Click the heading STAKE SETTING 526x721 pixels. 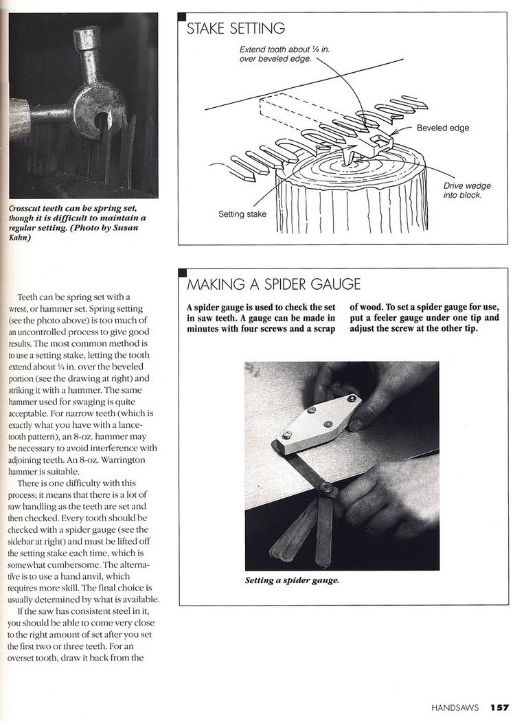[x=236, y=29]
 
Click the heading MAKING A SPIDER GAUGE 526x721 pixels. [x=273, y=284]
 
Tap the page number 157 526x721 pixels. [x=499, y=707]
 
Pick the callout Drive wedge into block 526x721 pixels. [x=467, y=190]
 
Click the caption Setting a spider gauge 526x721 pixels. [x=292, y=580]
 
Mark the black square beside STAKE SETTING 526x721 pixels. [x=182, y=16]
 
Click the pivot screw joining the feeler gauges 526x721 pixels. [x=325, y=490]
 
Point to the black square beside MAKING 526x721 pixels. [x=182, y=272]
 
